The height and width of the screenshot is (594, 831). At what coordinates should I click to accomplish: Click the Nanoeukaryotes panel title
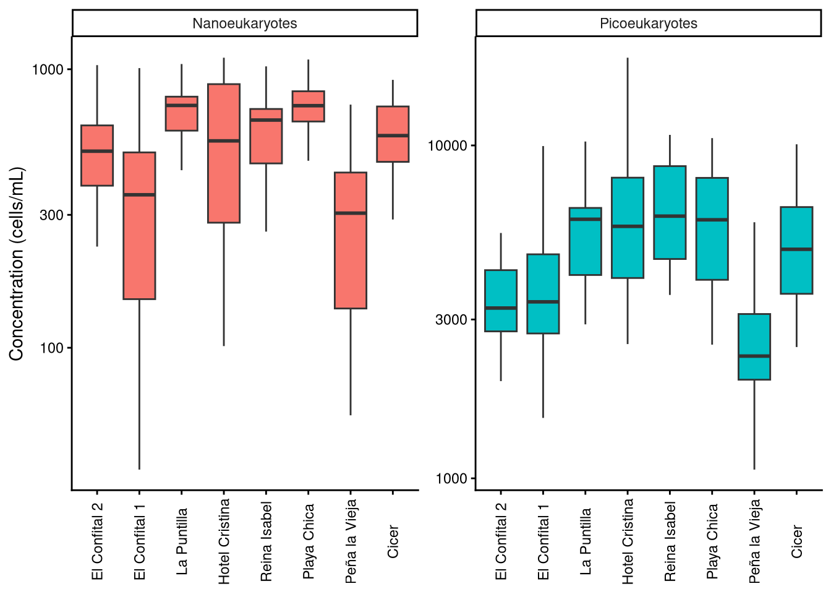(245, 24)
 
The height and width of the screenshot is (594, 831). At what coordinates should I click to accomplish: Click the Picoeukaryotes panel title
(648, 24)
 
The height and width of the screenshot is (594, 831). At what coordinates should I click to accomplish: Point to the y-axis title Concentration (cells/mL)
(17, 264)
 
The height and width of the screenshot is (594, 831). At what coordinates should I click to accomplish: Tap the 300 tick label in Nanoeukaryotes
(52, 215)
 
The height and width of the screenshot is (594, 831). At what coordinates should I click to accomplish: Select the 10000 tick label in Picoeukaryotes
(448, 146)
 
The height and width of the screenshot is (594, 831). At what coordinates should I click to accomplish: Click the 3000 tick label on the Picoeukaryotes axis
(451, 320)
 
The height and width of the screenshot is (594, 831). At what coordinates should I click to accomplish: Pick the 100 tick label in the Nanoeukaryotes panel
(52, 348)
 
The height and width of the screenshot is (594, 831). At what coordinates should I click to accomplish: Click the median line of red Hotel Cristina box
(224, 141)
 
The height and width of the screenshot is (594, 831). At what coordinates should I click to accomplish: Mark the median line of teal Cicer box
(796, 249)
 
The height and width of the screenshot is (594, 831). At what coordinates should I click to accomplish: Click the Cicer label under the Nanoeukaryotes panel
(393, 542)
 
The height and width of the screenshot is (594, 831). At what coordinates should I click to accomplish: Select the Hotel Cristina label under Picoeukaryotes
(628, 541)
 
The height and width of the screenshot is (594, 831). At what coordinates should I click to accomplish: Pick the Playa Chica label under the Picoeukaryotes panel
(712, 541)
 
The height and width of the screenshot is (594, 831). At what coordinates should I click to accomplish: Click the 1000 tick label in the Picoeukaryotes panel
(451, 478)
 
